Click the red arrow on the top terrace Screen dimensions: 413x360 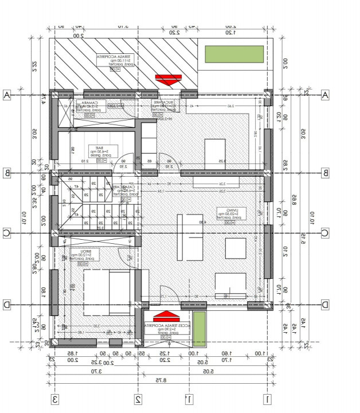point(169,79)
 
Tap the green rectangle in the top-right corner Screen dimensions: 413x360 point(234,54)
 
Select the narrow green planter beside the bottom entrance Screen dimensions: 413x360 point(199,328)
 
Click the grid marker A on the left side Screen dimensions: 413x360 point(7,95)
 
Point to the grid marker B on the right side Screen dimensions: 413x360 point(324,173)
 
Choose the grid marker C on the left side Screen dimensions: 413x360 point(7,233)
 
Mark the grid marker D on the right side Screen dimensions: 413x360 point(324,305)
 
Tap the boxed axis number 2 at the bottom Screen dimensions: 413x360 point(138,399)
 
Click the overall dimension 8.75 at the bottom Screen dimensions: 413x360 point(162,380)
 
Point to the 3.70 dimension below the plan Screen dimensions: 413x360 point(95,371)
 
